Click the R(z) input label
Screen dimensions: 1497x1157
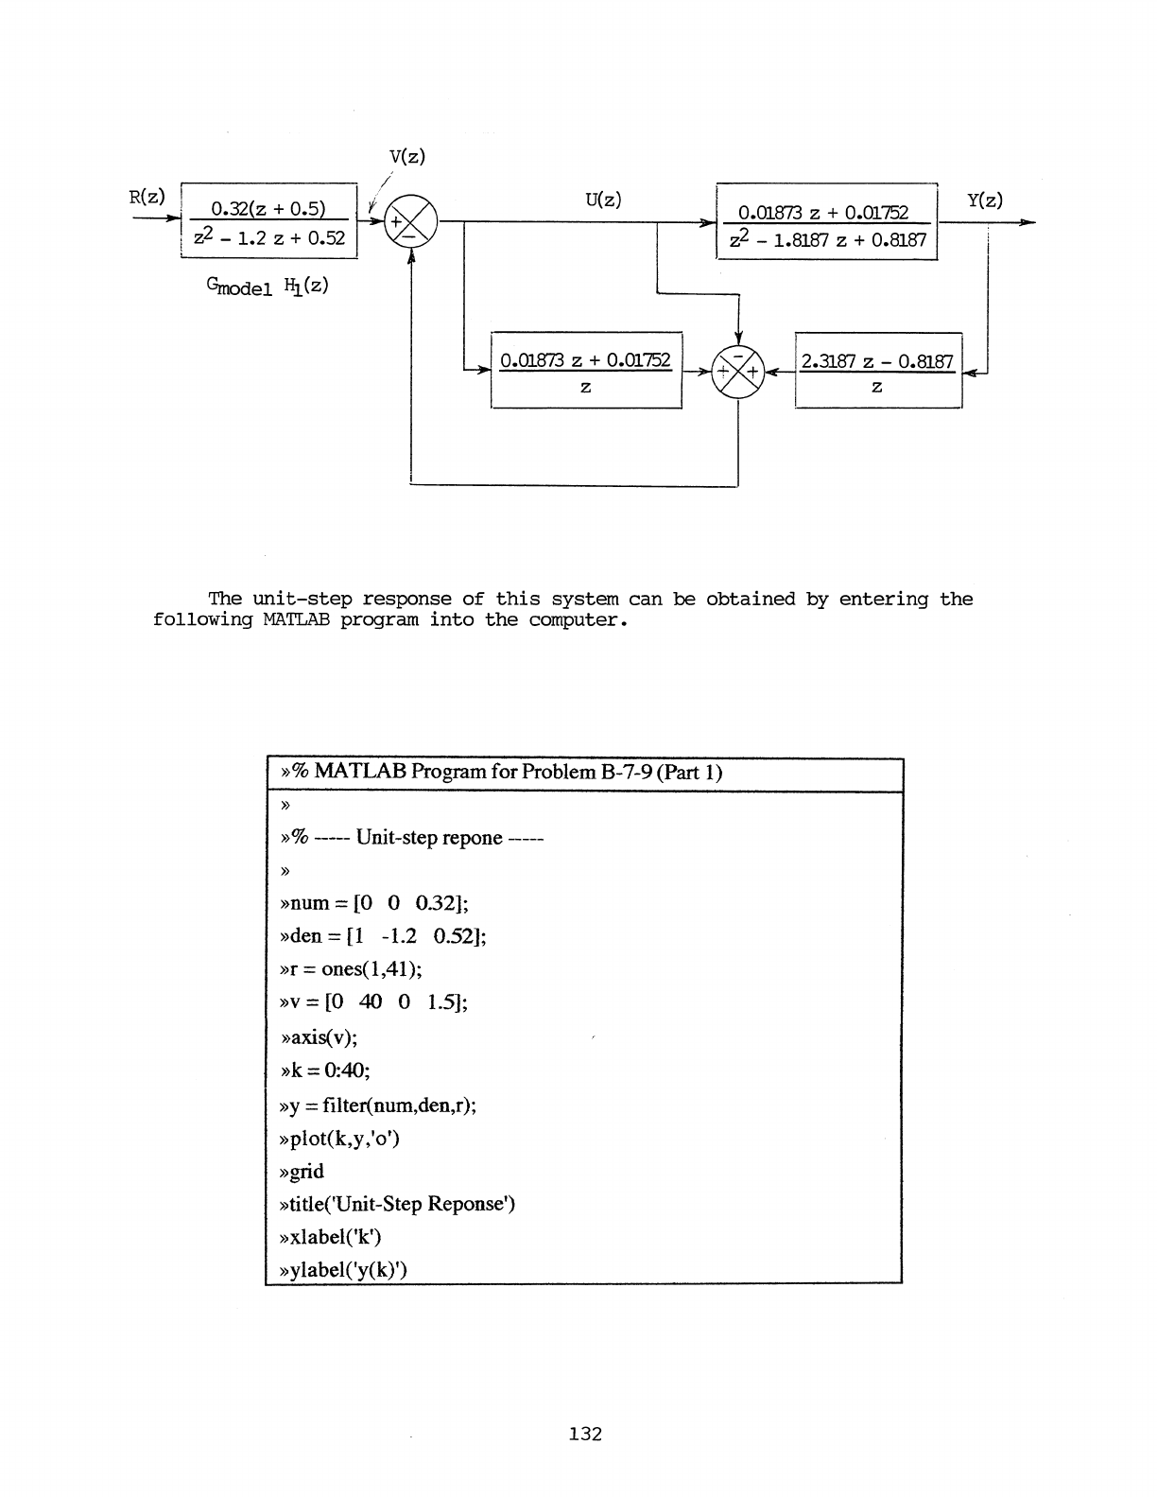point(147,198)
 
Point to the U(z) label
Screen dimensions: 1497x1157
point(602,200)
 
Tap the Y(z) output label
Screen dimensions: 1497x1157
point(985,200)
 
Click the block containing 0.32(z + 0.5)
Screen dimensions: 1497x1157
point(268,221)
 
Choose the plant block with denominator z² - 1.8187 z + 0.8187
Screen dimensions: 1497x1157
point(826,221)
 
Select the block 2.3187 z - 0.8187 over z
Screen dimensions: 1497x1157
point(878,371)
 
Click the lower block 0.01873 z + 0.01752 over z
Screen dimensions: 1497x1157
point(586,371)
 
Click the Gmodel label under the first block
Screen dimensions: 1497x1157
point(233,287)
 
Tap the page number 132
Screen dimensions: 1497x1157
point(585,1434)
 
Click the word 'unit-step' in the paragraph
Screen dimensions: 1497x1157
point(302,600)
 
